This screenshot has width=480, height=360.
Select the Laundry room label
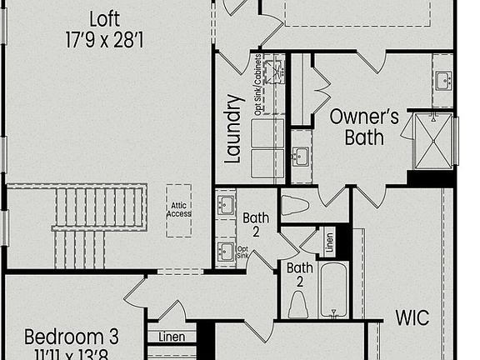(x=233, y=129)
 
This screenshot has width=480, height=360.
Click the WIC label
(x=412, y=317)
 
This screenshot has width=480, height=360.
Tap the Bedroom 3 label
(x=72, y=337)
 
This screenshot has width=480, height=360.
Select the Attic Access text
(x=177, y=208)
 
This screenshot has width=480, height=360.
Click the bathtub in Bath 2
(x=333, y=289)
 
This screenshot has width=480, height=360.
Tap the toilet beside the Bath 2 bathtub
(x=298, y=304)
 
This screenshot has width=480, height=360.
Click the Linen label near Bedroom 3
(x=172, y=337)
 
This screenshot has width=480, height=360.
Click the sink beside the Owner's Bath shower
(x=442, y=80)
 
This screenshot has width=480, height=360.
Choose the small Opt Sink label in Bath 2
(x=242, y=251)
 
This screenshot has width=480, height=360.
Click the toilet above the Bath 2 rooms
(x=295, y=205)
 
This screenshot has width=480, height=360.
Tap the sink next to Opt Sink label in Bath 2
(x=225, y=251)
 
